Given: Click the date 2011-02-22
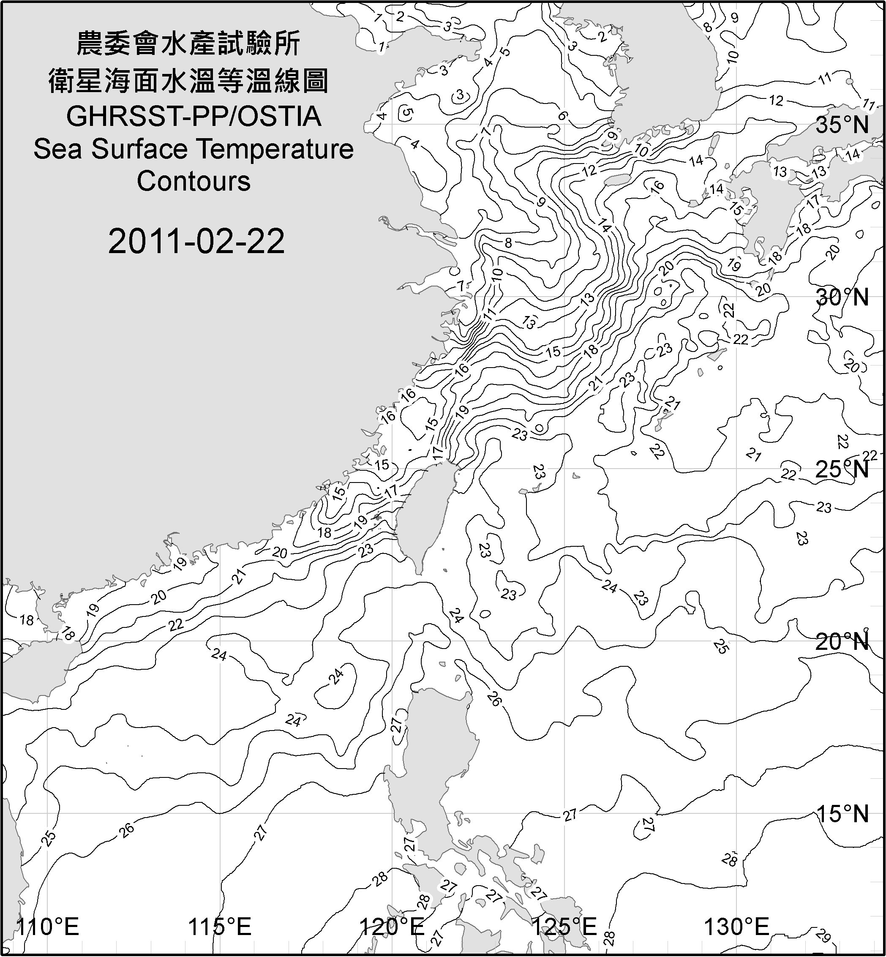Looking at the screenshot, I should click(x=196, y=241).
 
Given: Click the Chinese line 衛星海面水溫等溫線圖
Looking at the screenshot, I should click(x=188, y=80).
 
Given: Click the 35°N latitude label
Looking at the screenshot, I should click(x=842, y=125).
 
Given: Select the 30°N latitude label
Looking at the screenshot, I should click(x=842, y=298).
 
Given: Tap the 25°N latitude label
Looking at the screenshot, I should click(x=842, y=469).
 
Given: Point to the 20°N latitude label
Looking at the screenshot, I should click(x=842, y=641).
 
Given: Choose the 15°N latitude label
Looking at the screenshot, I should click(x=842, y=814).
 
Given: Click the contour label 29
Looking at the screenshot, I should click(x=823, y=936).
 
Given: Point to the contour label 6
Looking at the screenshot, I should click(x=562, y=115).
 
